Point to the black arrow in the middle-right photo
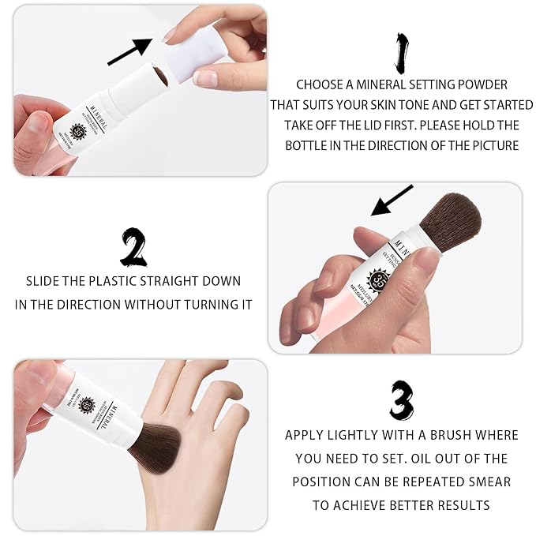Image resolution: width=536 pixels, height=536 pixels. (x=392, y=201)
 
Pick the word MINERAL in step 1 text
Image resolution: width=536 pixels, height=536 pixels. (x=384, y=84)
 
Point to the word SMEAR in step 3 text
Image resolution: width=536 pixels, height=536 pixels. (x=491, y=482)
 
